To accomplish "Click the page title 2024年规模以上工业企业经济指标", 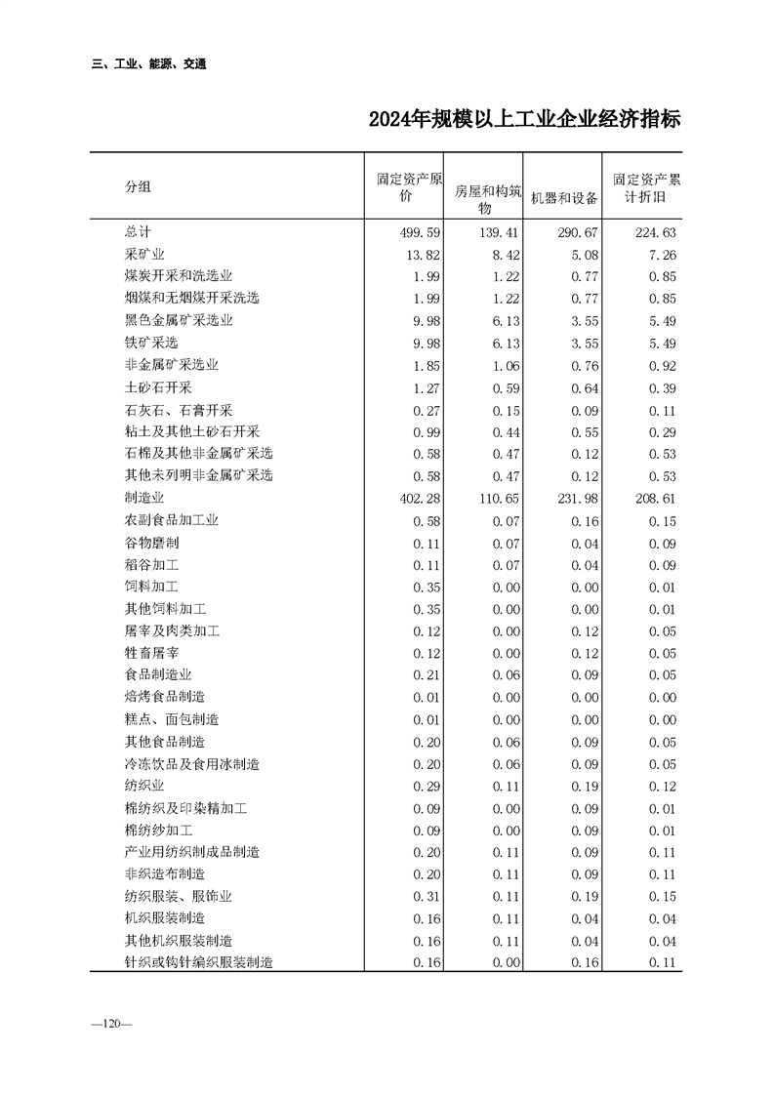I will pyautogui.click(x=524, y=120).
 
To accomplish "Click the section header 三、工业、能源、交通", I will pyautogui.click(x=148, y=64).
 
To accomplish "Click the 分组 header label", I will pyautogui.click(x=138, y=186).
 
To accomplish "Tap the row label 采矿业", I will pyautogui.click(x=144, y=255).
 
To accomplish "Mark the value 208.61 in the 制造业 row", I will pyautogui.click(x=653, y=499).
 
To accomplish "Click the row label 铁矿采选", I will pyautogui.click(x=151, y=343).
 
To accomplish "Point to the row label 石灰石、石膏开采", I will pyautogui.click(x=179, y=410).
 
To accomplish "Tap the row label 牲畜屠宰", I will pyautogui.click(x=151, y=653).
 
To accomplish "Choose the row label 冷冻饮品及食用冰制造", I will pyautogui.click(x=192, y=764).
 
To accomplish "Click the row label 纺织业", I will pyautogui.click(x=144, y=787).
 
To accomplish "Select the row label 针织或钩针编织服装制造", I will pyautogui.click(x=198, y=963).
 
